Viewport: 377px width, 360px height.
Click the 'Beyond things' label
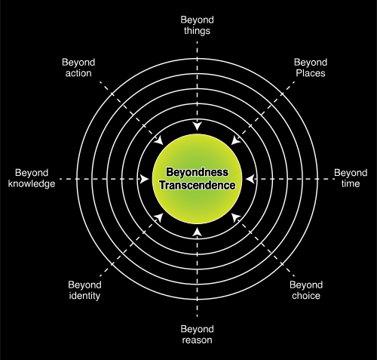click(x=197, y=25)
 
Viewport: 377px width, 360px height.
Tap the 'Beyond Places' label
click(x=311, y=68)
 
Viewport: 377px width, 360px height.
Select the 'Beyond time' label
click(x=351, y=178)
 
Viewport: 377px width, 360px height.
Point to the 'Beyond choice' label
click(x=306, y=290)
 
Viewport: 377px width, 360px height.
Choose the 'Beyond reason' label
click(x=197, y=334)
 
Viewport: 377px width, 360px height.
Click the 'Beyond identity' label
click(x=84, y=290)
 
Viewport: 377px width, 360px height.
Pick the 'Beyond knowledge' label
click(x=32, y=178)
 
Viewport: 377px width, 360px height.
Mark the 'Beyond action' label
click(x=78, y=68)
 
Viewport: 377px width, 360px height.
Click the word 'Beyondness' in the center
click(x=198, y=172)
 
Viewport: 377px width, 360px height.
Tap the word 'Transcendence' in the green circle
click(x=198, y=186)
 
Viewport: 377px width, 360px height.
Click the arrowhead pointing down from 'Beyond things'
click(x=198, y=126)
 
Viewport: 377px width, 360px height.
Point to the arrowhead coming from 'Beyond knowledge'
click(x=145, y=179)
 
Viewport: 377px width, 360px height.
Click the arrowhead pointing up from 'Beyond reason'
click(x=198, y=232)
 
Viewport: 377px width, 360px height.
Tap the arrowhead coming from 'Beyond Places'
click(x=235, y=140)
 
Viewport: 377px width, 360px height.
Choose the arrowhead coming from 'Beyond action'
click(x=159, y=140)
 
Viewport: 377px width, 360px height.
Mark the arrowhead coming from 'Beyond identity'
click(x=159, y=217)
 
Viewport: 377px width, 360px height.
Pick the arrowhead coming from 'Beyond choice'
click(x=235, y=217)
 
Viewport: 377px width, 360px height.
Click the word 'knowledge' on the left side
click(x=32, y=183)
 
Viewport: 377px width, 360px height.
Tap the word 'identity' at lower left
click(x=84, y=296)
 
